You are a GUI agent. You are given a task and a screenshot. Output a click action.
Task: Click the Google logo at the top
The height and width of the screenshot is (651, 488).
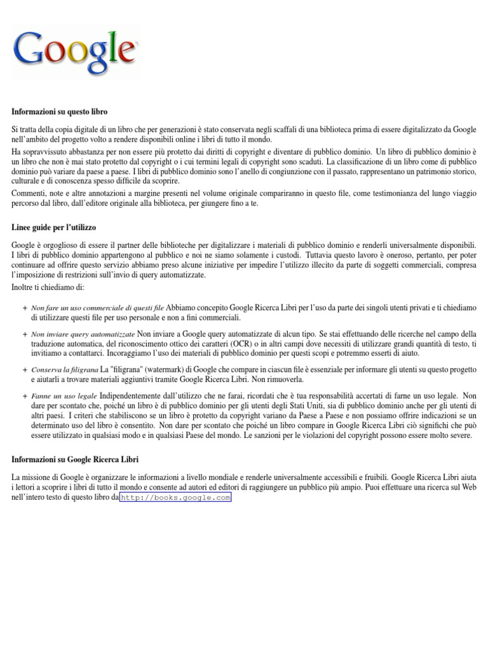(x=75, y=49)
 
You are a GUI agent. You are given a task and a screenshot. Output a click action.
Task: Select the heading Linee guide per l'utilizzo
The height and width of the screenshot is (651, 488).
(x=54, y=227)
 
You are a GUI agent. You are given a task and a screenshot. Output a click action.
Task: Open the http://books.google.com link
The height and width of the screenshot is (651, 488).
(x=175, y=498)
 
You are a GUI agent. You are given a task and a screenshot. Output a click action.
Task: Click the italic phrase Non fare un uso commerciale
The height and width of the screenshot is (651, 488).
(x=97, y=308)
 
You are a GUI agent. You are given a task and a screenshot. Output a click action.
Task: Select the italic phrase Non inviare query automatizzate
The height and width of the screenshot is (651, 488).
(x=83, y=334)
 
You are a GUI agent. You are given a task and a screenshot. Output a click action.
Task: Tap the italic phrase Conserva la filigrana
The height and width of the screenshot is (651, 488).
(x=64, y=369)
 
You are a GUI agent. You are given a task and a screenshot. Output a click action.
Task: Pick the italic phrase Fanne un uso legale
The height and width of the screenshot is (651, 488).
(x=61, y=395)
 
